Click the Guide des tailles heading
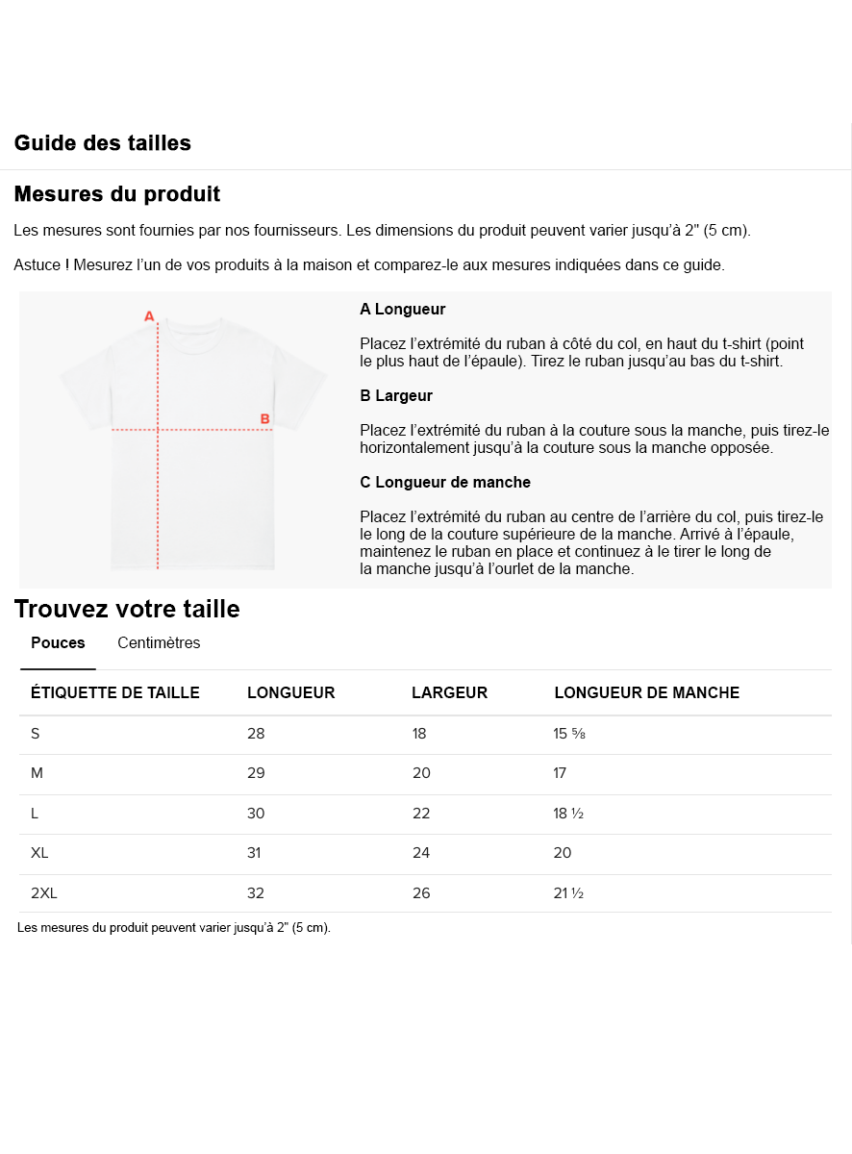coord(102,143)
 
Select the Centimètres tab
coord(159,643)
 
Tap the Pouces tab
coord(58,643)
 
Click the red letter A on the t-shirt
coord(149,315)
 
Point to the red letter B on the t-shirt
coord(265,418)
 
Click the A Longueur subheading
coord(402,310)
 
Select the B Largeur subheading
coord(396,396)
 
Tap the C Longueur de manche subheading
coord(445,483)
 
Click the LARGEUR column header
coord(449,693)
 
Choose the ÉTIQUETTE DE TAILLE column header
coord(115,693)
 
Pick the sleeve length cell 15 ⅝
coord(569,734)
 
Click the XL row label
coord(39,853)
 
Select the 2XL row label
coord(44,893)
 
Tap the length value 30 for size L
coord(256,814)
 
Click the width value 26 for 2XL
coord(421,893)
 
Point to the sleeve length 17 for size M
coord(561,773)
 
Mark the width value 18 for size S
coord(419,734)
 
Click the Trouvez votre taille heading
coord(127,609)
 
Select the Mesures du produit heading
coord(116,194)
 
